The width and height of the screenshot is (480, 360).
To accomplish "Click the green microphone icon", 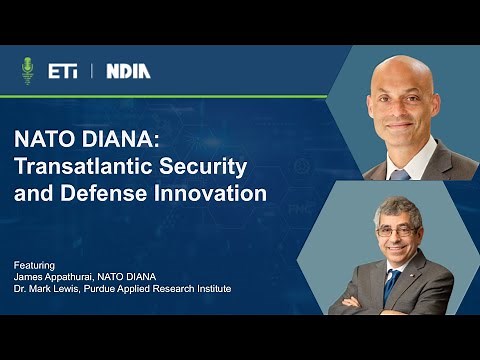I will point(27,70).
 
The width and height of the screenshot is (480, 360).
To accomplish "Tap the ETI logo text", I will point(62,71).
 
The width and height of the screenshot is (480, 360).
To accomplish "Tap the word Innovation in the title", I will point(212,192).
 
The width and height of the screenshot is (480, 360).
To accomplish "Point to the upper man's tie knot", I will point(402,173).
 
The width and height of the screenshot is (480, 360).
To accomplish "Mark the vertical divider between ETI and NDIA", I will point(91,71).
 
